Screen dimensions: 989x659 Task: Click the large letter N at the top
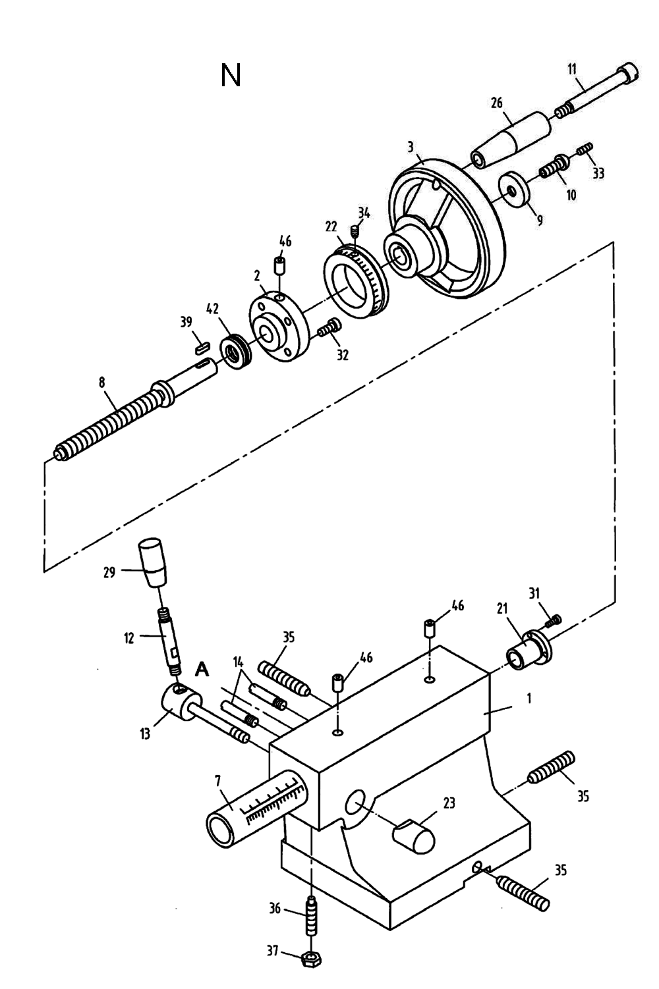click(231, 76)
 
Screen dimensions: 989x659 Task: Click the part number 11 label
click(571, 68)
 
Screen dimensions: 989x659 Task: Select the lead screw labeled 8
click(112, 421)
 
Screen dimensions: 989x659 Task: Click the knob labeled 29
click(153, 563)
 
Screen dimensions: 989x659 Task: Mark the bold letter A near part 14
click(203, 670)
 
